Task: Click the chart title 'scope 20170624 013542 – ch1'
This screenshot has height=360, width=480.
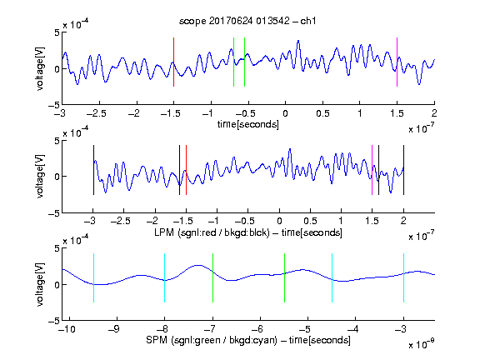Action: pyautogui.click(x=247, y=21)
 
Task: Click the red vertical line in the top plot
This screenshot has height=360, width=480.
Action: pyautogui.click(x=173, y=62)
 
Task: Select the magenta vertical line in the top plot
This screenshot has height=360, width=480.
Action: pyautogui.click(x=397, y=62)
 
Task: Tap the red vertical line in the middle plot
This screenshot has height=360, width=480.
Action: pyautogui.click(x=186, y=170)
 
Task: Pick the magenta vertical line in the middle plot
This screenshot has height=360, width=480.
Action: pyautogui.click(x=372, y=170)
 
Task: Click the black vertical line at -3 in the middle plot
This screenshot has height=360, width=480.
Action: pyautogui.click(x=93, y=170)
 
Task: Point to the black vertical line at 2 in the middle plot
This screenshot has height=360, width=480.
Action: pyautogui.click(x=403, y=170)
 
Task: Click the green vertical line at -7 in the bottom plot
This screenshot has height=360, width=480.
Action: pyautogui.click(x=212, y=278)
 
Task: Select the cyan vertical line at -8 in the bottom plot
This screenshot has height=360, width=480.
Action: pyautogui.click(x=164, y=278)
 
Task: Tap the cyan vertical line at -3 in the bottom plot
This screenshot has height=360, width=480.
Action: pyautogui.click(x=403, y=278)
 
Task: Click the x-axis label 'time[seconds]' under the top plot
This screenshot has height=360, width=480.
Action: pyautogui.click(x=248, y=124)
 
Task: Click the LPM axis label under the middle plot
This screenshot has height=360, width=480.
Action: pyautogui.click(x=248, y=232)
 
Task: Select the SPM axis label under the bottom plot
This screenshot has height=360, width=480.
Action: pyautogui.click(x=248, y=340)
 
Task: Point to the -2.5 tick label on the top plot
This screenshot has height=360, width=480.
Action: pyautogui.click(x=96, y=113)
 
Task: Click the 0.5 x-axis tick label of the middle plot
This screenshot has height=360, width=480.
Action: pyautogui.click(x=310, y=221)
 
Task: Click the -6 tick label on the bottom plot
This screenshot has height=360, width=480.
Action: pyautogui.click(x=259, y=329)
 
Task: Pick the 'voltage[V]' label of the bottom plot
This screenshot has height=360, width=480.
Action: pyautogui.click(x=40, y=284)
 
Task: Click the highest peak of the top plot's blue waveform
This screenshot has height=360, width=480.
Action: pyautogui.click(x=298, y=41)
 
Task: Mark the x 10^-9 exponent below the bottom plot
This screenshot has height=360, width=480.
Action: pyautogui.click(x=421, y=343)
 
